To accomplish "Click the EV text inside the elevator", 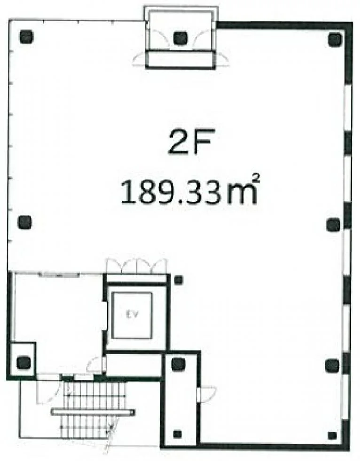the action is click(133, 314).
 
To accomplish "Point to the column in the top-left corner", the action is click(26, 37).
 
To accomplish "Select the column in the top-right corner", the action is click(335, 40).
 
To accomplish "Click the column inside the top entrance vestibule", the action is click(180, 38).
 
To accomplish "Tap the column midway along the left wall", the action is click(25, 222).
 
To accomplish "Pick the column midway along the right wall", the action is click(333, 225).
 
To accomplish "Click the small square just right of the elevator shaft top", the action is click(179, 280).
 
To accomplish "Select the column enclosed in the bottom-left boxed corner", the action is click(24, 362).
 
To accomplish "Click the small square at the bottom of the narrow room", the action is click(177, 434).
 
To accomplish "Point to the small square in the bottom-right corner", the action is click(332, 436).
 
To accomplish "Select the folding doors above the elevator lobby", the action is click(137, 265).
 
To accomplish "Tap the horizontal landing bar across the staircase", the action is click(93, 412).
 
